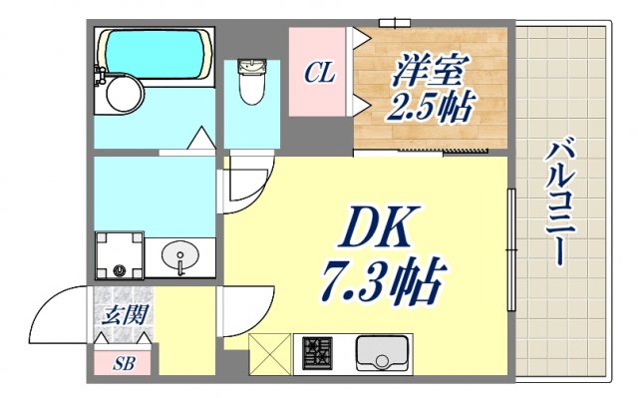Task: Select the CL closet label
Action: click(x=319, y=73)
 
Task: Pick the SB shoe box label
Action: click(x=124, y=363)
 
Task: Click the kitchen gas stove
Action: click(x=319, y=353)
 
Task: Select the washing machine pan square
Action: click(x=120, y=256)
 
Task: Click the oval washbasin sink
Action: click(x=179, y=255)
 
